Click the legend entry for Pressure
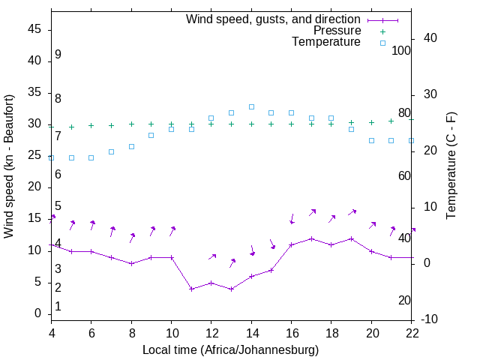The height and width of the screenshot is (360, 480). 337,31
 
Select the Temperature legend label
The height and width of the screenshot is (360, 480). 326,42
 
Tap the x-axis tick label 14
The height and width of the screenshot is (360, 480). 251,334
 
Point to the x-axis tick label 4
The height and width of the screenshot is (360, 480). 52,334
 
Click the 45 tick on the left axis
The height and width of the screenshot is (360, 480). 34,29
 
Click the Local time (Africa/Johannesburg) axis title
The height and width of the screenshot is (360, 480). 230,349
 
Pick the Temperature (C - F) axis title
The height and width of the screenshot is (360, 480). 451,166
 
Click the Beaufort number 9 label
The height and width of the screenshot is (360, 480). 58,55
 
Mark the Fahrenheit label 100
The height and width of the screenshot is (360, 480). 401,50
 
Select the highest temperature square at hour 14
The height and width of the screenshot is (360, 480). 251,106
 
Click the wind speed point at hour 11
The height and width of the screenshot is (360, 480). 191,289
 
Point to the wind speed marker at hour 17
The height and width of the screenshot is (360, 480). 311,238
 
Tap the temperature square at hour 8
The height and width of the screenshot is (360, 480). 131,146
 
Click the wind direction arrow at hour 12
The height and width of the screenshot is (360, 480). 212,257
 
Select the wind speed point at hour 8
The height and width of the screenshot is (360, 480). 131,263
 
